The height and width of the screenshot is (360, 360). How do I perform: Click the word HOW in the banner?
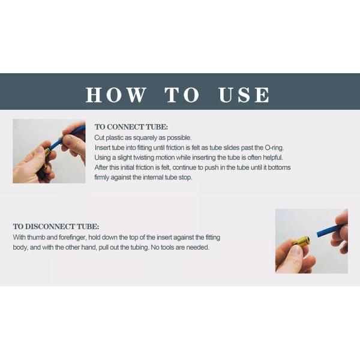click(x=116, y=95)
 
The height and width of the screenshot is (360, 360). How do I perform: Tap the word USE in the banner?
click(x=244, y=95)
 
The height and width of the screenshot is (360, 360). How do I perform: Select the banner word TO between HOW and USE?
click(x=182, y=95)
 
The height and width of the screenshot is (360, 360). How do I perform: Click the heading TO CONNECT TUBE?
click(x=131, y=127)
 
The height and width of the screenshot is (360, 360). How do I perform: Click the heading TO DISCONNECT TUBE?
click(x=56, y=226)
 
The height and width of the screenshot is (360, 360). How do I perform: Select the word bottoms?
click(x=279, y=167)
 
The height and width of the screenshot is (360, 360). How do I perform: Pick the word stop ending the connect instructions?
click(x=185, y=178)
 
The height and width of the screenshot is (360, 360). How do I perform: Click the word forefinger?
click(x=73, y=238)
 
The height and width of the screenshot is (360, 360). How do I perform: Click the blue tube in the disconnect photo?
click(x=328, y=231)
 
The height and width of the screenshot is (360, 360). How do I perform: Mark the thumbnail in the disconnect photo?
click(x=298, y=251)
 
